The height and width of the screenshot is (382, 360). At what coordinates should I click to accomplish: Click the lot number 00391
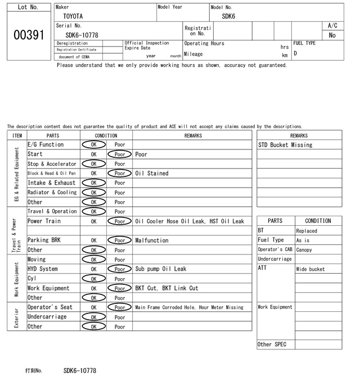coord(28,35)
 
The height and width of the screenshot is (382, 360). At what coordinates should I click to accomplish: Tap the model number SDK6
coord(228,17)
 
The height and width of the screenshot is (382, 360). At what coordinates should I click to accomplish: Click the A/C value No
coord(332,35)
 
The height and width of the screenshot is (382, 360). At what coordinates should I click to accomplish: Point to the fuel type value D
coord(295,53)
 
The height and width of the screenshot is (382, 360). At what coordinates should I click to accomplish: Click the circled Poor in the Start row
coord(119,154)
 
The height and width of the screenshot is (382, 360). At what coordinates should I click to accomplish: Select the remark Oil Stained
coord(152,174)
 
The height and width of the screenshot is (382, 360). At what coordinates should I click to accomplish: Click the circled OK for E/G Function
coord(93,145)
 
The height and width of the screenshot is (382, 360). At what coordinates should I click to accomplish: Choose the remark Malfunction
coord(152,240)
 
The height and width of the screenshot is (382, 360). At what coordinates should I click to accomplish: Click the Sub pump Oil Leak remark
coord(160,269)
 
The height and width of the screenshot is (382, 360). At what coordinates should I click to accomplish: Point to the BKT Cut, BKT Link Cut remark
coord(166,288)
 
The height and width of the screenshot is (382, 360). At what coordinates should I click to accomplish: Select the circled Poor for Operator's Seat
coord(119,307)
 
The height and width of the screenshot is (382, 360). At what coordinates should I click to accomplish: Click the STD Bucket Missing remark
coord(285,145)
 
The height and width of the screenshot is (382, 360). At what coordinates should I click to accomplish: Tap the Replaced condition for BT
coord(307,231)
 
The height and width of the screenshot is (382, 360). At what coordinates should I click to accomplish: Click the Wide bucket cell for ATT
coord(310,269)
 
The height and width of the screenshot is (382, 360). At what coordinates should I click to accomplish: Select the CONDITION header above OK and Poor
coord(106,135)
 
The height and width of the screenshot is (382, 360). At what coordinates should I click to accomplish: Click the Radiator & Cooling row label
coord(52,193)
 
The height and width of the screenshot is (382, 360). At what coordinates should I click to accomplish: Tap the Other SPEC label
coord(272,344)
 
